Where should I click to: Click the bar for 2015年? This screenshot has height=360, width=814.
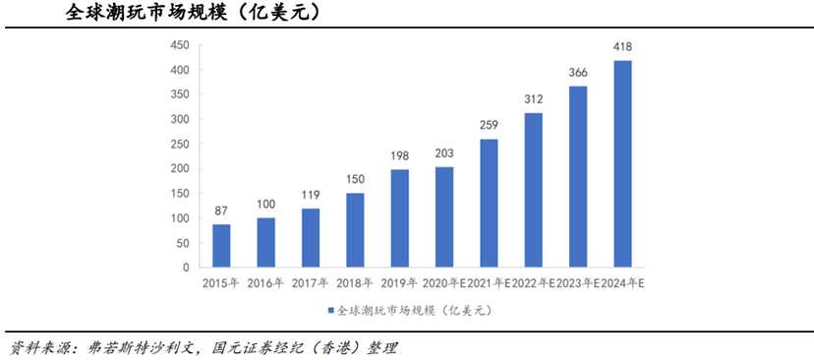pos(221,246)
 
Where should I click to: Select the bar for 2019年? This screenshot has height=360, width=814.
pos(399,218)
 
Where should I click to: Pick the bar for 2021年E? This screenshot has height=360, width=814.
pos(489,203)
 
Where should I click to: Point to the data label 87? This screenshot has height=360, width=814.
pos(221,211)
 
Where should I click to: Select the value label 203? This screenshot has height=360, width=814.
pos(444,154)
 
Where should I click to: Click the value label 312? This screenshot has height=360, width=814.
pos(533,100)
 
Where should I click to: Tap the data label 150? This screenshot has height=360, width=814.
pos(355,180)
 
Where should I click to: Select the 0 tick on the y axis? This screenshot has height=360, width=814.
pos(184,267)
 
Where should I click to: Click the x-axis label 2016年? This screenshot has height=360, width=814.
pos(265,283)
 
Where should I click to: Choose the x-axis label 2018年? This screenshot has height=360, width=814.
pos(355,283)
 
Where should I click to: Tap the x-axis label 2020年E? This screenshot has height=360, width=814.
pos(442,283)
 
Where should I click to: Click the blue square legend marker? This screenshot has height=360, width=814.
pos(328,311)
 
